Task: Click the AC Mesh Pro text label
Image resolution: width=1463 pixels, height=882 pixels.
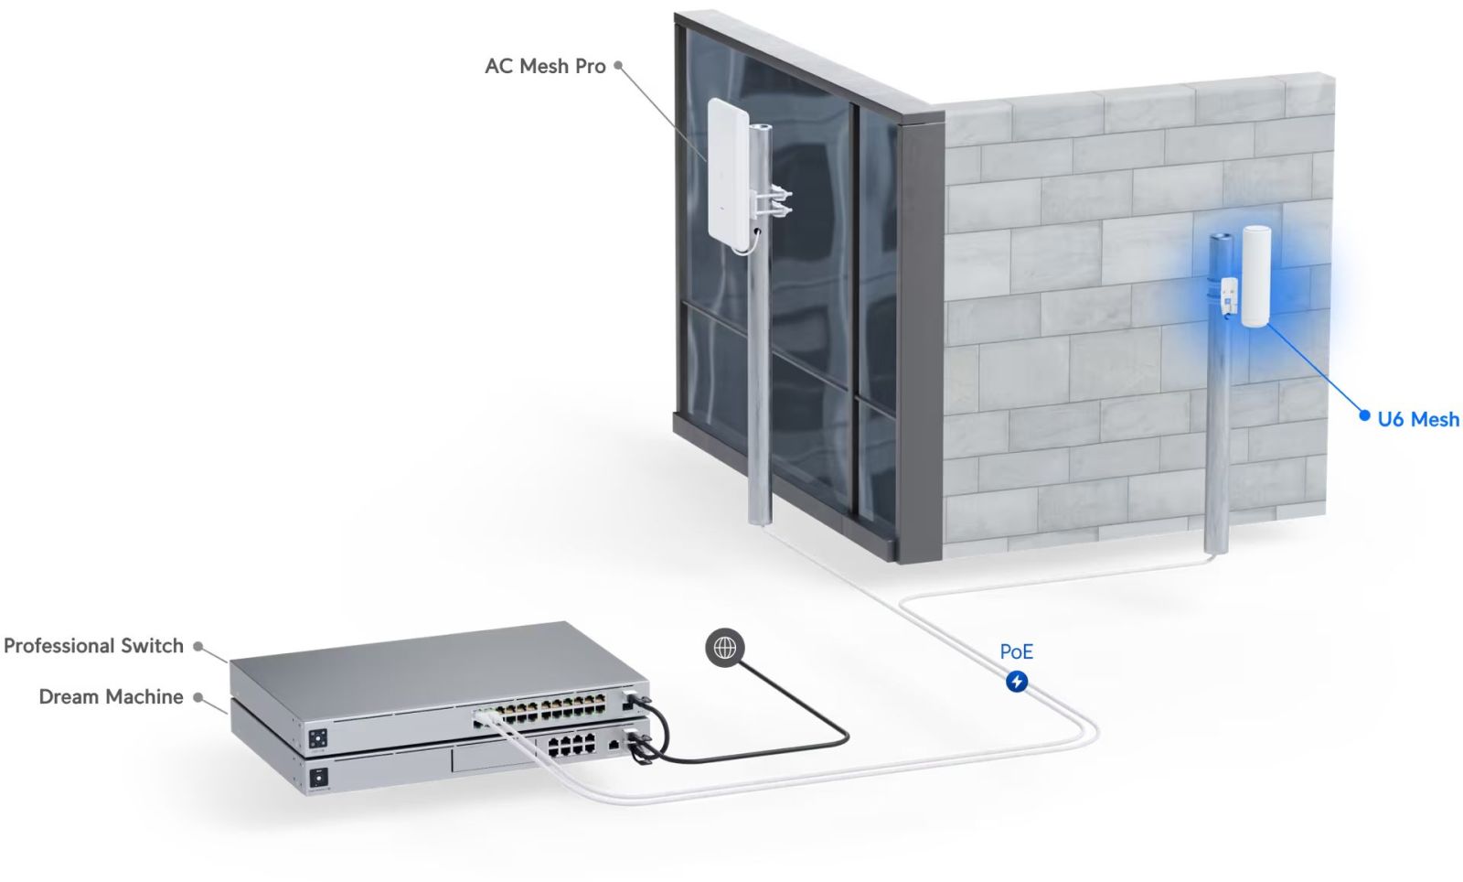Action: pyautogui.click(x=545, y=66)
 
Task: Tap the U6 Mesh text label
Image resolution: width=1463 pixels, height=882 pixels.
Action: pyautogui.click(x=1418, y=419)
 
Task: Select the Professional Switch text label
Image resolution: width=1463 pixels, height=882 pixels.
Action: pyautogui.click(x=94, y=646)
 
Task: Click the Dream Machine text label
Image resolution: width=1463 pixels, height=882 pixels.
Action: pyautogui.click(x=111, y=697)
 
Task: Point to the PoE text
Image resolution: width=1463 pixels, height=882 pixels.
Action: pyautogui.click(x=1016, y=651)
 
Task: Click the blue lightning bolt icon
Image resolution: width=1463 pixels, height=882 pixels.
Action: pyautogui.click(x=1016, y=682)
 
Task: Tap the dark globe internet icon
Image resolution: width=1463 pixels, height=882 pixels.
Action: pyautogui.click(x=725, y=648)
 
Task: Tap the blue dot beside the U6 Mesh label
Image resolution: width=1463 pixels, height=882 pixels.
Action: pyautogui.click(x=1365, y=416)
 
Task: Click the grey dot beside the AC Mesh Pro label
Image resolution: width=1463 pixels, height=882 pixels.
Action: pyautogui.click(x=618, y=65)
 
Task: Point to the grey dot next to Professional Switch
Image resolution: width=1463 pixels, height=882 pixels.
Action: pyautogui.click(x=198, y=646)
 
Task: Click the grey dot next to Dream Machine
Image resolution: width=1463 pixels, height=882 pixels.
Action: pyautogui.click(x=196, y=697)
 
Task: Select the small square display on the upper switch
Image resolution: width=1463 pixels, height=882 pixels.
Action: pyautogui.click(x=318, y=737)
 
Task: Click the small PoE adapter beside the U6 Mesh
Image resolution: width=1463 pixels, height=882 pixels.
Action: pyautogui.click(x=1230, y=296)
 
